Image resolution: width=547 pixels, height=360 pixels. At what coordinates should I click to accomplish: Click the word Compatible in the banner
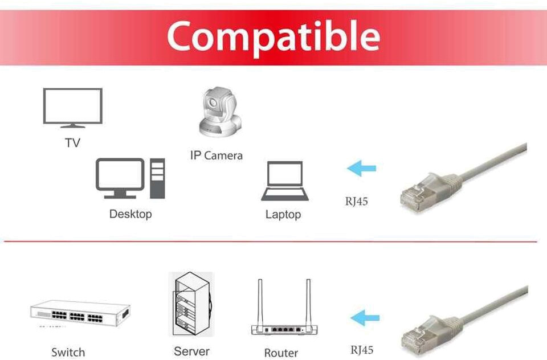click(x=273, y=36)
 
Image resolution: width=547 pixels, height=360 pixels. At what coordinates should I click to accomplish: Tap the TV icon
click(x=73, y=107)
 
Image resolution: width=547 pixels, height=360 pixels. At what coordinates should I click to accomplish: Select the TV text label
click(x=72, y=142)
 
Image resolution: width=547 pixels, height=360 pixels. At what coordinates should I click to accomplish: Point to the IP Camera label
click(x=216, y=155)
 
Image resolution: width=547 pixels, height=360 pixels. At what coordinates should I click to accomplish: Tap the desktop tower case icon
click(x=157, y=178)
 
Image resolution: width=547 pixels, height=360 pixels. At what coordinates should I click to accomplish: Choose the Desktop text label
click(x=130, y=214)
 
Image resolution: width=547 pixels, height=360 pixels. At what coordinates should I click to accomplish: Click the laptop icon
click(x=284, y=181)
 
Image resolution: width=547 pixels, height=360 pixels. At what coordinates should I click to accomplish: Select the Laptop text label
click(x=283, y=215)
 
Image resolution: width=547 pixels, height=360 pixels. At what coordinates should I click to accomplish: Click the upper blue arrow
click(x=362, y=169)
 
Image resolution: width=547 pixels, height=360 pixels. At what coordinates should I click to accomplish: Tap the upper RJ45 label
click(x=356, y=202)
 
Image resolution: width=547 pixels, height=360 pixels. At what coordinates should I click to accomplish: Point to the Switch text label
click(x=68, y=352)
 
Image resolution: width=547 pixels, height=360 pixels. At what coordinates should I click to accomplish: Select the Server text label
click(x=191, y=351)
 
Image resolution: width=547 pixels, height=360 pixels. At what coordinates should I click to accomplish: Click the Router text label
click(x=281, y=353)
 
